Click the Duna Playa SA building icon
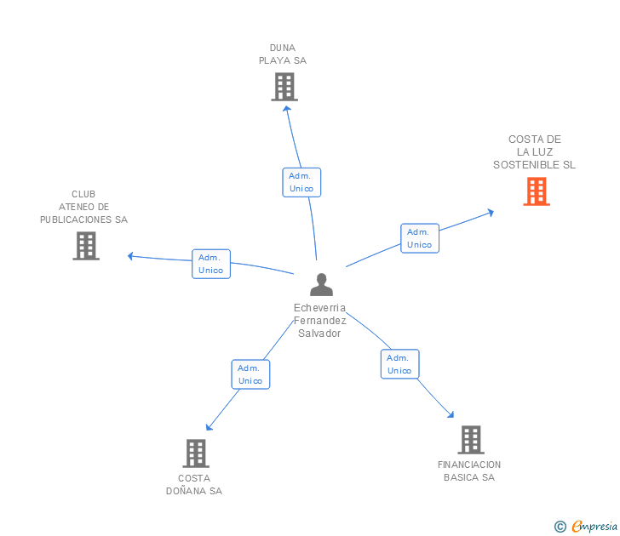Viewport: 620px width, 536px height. tap(284, 87)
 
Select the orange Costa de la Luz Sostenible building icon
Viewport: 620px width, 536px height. tap(536, 191)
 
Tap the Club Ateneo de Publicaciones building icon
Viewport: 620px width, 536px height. tap(86, 246)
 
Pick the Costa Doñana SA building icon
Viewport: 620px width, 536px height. tap(195, 453)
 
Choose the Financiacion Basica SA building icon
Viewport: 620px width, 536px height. tap(471, 440)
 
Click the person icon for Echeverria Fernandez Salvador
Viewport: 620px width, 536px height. tap(321, 285)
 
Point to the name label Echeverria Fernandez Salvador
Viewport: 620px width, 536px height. tap(319, 321)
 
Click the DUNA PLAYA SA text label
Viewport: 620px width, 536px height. tap(283, 54)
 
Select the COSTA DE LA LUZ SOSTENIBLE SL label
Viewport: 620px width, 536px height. tap(534, 152)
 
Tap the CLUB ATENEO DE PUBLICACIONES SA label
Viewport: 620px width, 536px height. tap(83, 207)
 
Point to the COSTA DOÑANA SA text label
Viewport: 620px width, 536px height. tap(194, 484)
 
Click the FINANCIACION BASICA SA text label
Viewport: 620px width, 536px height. tap(469, 470)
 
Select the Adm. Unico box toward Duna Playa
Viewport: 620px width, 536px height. tap(301, 182)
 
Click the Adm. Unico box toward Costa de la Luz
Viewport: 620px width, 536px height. tap(419, 238)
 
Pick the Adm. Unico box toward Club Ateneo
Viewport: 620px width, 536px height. tap(210, 264)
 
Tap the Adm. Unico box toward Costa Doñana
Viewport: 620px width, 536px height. tap(250, 374)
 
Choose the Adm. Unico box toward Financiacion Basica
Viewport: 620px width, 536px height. tap(399, 364)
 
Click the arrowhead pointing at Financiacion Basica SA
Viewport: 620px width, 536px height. tap(451, 415)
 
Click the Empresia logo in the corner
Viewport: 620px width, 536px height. tap(587, 527)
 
